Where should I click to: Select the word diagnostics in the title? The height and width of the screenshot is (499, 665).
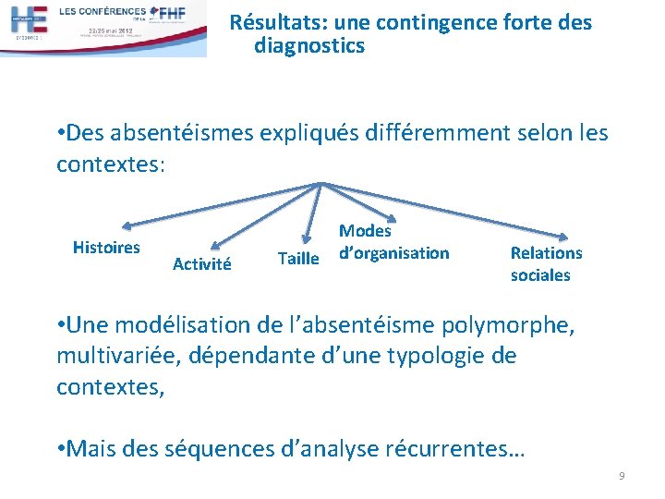coord(309,45)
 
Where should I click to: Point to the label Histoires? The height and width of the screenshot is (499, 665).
coord(106,248)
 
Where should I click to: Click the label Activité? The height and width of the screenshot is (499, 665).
coord(201,264)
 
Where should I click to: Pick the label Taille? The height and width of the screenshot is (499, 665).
coord(298,259)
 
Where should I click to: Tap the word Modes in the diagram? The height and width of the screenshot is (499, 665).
coord(365,231)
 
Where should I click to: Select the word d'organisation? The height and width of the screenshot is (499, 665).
coord(393,253)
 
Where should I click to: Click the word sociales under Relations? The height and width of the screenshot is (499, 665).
coord(540,275)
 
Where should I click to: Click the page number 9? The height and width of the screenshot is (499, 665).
coord(622,476)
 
